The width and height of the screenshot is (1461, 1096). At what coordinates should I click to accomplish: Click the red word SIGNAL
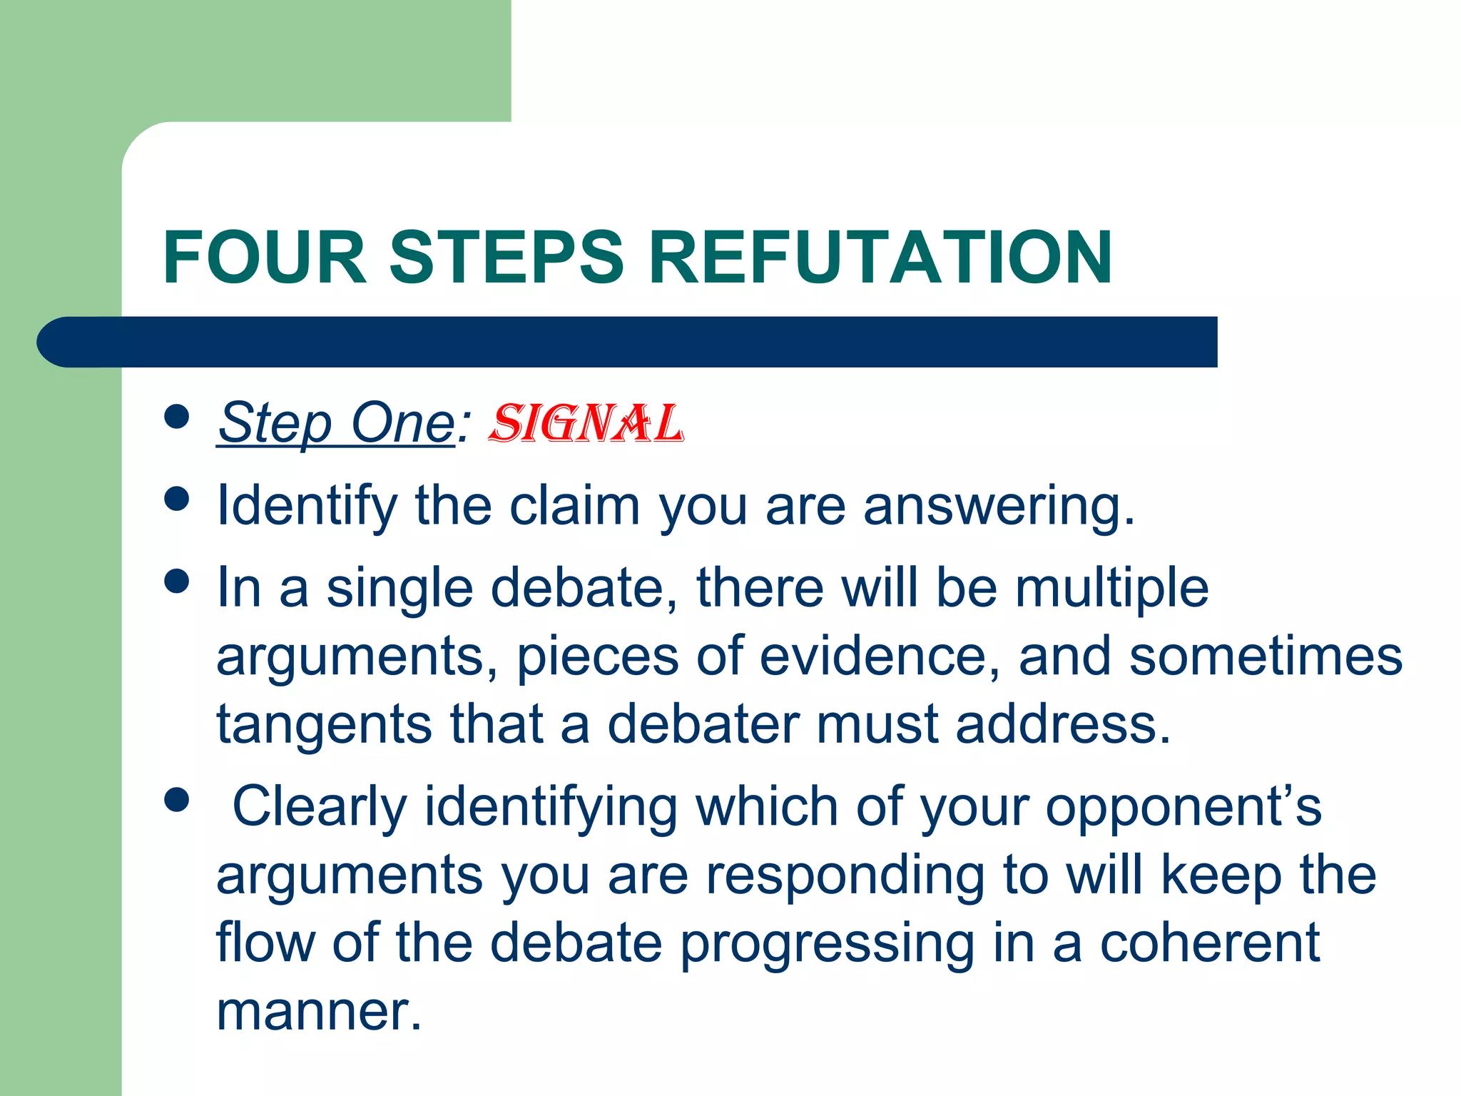pos(586,424)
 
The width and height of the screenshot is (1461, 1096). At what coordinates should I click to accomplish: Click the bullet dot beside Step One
pos(176,417)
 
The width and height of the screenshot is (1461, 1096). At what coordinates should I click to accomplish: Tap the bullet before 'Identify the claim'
pos(176,499)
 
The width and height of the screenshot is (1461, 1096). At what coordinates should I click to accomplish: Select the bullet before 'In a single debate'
pos(176,581)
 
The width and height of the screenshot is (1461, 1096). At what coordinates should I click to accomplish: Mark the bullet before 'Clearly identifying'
pos(176,800)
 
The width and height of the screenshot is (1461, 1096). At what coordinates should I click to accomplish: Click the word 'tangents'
pos(324,725)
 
